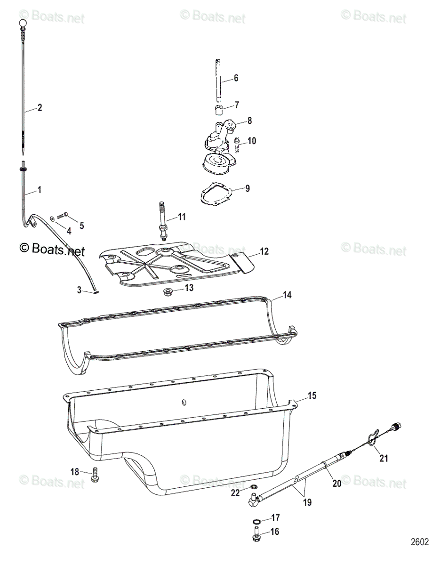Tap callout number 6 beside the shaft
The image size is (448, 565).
pyautogui.click(x=236, y=78)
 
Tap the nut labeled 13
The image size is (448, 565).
pyautogui.click(x=168, y=292)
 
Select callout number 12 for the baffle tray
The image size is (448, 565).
pyautogui.click(x=264, y=252)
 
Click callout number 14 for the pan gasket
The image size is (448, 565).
pyautogui.click(x=287, y=296)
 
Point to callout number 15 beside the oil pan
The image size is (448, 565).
pyautogui.click(x=312, y=395)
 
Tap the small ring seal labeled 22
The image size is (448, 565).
pyautogui.click(x=254, y=487)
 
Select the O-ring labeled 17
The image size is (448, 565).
pyautogui.click(x=256, y=522)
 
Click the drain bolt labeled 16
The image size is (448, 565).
pyautogui.click(x=256, y=534)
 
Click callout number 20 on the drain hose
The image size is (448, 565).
pyautogui.click(x=336, y=482)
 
